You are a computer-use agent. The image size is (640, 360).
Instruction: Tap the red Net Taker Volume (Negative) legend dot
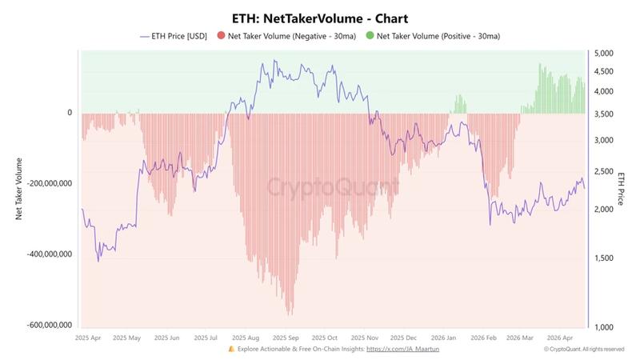221,36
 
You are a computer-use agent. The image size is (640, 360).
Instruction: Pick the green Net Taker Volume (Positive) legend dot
370,36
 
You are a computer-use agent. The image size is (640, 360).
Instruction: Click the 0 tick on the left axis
70,113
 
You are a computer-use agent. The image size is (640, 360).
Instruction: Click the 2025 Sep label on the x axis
286,338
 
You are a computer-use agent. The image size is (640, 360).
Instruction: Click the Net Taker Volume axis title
18,188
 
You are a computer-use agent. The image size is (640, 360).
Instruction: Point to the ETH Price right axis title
621,188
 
